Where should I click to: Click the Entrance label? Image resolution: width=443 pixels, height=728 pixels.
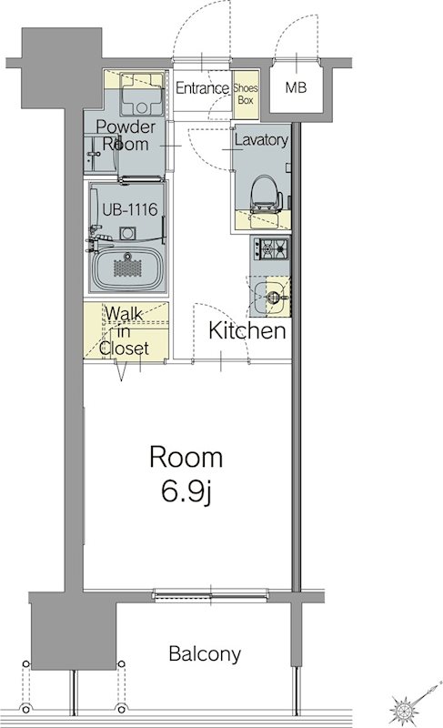click(x=202, y=87)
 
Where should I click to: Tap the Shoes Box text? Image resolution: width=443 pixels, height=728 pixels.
click(x=246, y=94)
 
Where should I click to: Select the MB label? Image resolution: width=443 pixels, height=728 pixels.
click(x=296, y=86)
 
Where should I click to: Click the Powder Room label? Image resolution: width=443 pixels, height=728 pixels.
click(x=126, y=135)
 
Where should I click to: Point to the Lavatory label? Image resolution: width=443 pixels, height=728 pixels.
click(x=261, y=140)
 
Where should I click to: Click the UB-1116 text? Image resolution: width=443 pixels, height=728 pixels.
click(x=130, y=209)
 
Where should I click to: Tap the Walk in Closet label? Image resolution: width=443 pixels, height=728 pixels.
click(x=124, y=331)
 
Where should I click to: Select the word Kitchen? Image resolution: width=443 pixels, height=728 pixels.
click(x=247, y=330)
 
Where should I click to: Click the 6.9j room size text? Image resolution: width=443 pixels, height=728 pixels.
click(x=186, y=492)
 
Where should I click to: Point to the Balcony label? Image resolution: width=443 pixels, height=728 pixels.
click(x=205, y=653)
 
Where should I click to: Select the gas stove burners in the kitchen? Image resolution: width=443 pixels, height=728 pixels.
click(x=270, y=248)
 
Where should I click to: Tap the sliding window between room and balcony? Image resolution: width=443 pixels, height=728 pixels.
click(x=211, y=594)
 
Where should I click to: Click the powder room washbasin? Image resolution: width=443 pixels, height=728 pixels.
click(x=100, y=154)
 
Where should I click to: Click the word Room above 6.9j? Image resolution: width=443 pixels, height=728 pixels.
click(x=186, y=457)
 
